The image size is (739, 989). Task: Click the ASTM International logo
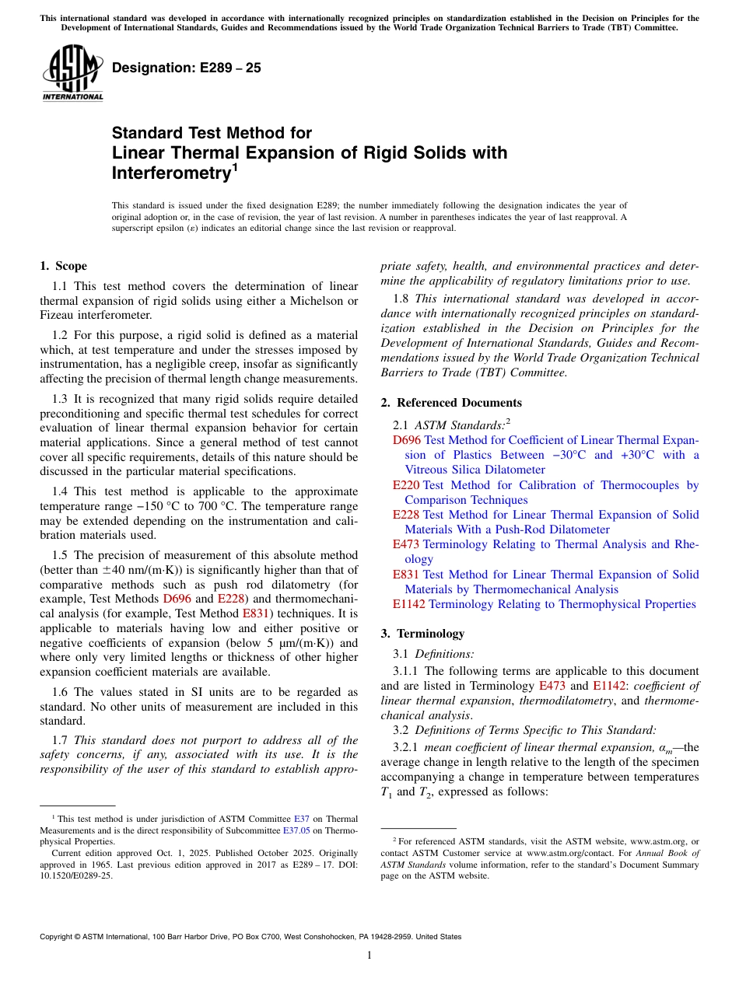click(x=72, y=73)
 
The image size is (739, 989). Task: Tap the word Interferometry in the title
click(x=170, y=172)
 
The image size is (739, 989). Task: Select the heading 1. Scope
click(x=63, y=266)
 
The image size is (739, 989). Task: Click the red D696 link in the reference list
click(x=406, y=440)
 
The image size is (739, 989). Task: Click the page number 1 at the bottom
click(x=369, y=956)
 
